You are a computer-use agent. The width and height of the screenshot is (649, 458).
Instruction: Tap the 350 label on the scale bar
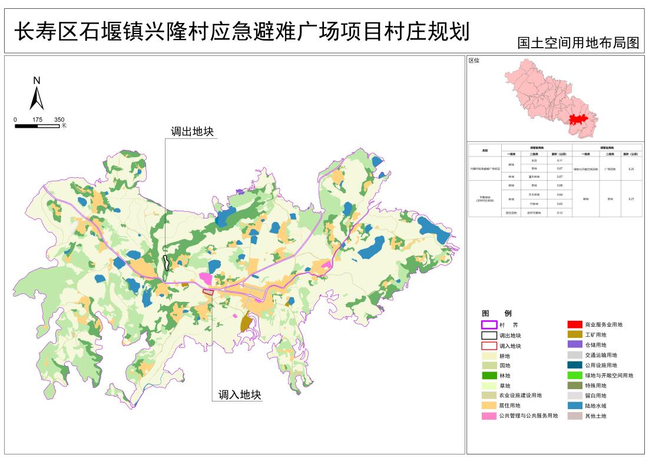tap(59, 120)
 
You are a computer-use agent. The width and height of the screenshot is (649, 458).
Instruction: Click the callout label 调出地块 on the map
tap(191, 132)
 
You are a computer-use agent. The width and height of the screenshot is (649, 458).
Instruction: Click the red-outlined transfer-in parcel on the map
tap(208, 291)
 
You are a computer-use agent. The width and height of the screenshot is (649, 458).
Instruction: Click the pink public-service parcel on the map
tap(206, 277)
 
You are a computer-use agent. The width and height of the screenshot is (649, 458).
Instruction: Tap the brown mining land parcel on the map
tap(246, 322)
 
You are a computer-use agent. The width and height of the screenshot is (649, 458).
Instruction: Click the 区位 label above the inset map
tap(474, 61)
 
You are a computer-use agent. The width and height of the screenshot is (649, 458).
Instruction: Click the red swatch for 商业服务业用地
tap(574, 324)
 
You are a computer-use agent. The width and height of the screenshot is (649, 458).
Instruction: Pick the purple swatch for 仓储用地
tap(574, 344)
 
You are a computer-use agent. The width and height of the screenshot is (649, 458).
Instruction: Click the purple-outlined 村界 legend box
tap(489, 324)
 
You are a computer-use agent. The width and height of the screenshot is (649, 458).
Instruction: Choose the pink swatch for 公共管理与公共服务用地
tap(489, 416)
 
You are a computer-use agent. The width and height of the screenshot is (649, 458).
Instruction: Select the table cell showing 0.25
tap(631, 168)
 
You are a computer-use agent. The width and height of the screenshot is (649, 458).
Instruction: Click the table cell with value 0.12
tap(559, 213)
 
